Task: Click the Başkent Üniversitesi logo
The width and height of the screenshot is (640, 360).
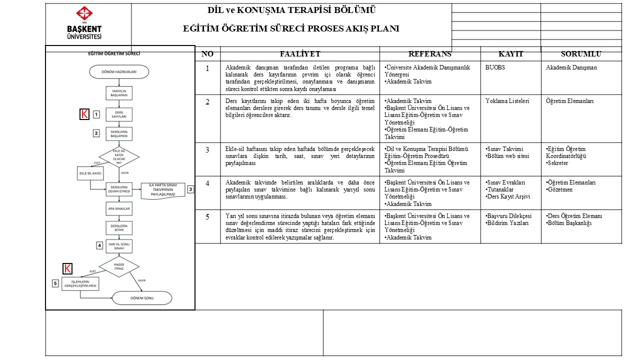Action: click(84, 23)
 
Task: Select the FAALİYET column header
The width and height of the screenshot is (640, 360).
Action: click(300, 54)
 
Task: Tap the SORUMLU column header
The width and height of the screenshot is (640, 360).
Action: click(581, 54)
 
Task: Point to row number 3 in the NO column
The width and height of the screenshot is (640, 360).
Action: click(207, 149)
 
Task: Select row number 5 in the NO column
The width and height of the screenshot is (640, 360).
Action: click(207, 216)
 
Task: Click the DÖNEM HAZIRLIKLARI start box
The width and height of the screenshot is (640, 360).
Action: click(119, 72)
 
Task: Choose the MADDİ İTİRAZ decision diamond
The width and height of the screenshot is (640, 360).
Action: click(119, 266)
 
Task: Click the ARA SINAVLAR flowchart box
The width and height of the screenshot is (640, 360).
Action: click(119, 208)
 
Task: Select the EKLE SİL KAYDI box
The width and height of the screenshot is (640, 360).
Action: click(90, 173)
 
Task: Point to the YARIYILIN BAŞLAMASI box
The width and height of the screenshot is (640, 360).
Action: click(119, 93)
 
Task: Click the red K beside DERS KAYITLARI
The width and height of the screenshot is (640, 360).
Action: click(84, 114)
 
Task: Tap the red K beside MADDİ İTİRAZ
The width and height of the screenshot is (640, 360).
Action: click(67, 269)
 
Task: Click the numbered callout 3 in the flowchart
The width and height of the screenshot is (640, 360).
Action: click(190, 189)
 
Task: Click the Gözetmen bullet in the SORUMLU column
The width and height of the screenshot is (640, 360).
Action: click(560, 190)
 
